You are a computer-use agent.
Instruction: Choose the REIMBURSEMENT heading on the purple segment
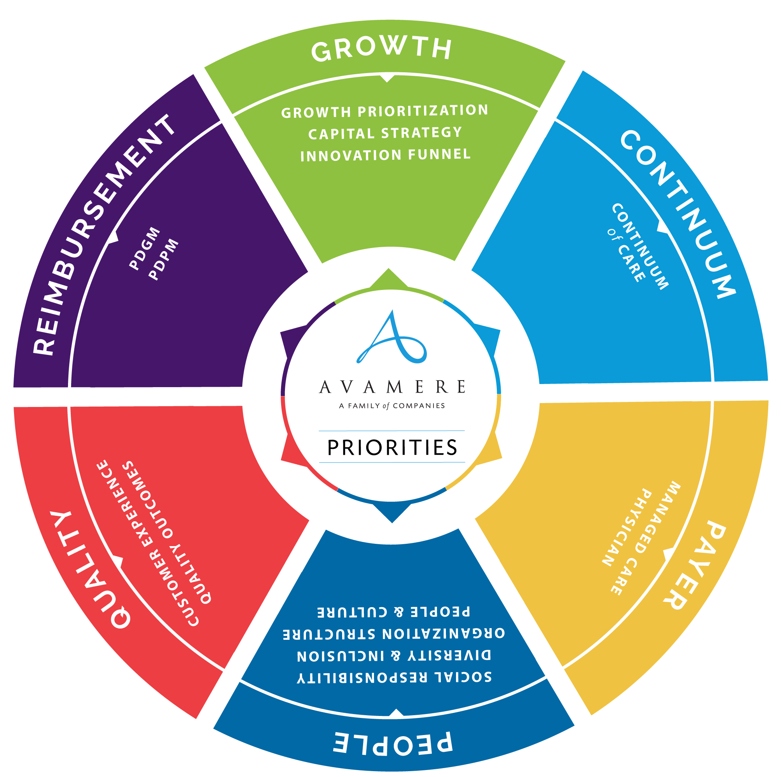[x=103, y=234]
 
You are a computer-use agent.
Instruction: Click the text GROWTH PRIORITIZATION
[x=384, y=111]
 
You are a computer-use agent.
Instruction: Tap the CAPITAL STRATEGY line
[x=385, y=133]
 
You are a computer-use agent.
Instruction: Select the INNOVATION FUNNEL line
[x=385, y=155]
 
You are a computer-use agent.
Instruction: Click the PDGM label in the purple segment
[x=145, y=248]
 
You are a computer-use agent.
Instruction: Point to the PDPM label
[x=164, y=259]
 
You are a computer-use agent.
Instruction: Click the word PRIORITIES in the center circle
[x=392, y=447]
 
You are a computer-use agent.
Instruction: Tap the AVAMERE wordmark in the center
[x=392, y=387]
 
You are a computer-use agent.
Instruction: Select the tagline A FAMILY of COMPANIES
[x=392, y=405]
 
